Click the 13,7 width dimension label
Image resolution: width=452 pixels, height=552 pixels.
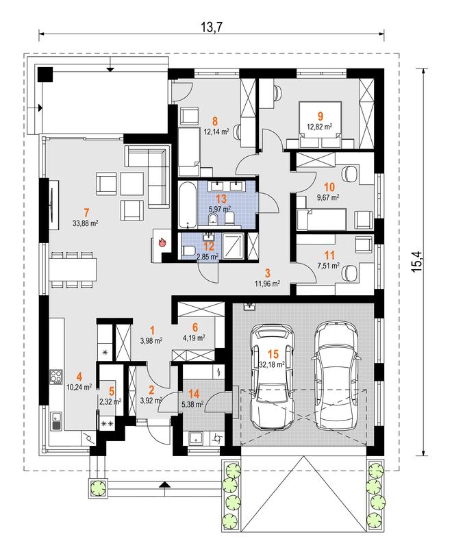coord(212,27)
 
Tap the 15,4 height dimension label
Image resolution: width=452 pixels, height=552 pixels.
coord(417,261)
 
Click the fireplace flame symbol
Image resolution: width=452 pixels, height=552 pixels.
coord(162,242)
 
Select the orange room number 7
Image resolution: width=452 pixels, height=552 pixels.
coord(86,212)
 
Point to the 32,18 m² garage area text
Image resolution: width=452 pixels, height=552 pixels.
coord(272,365)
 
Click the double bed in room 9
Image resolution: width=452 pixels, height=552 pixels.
coord(320,125)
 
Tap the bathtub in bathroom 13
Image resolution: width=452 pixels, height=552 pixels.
coord(186,205)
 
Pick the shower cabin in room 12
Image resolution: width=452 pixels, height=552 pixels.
coord(232,246)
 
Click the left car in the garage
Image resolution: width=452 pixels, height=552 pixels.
coord(272,376)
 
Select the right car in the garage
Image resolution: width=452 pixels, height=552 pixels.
coord(336,375)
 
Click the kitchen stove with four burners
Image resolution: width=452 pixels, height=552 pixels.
coord(56,375)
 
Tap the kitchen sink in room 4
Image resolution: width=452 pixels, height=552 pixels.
coord(56,421)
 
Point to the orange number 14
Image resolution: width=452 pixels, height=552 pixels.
coord(194,394)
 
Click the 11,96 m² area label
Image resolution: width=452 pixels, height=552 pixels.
coord(268,283)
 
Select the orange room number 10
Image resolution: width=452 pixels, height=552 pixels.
coord(329,187)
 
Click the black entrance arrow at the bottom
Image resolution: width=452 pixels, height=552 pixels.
coord(164,484)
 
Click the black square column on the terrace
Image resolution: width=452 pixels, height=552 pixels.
coord(45,75)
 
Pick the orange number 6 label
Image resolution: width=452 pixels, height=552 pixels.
coord(195,327)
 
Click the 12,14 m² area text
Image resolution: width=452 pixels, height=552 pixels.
coord(216,131)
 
